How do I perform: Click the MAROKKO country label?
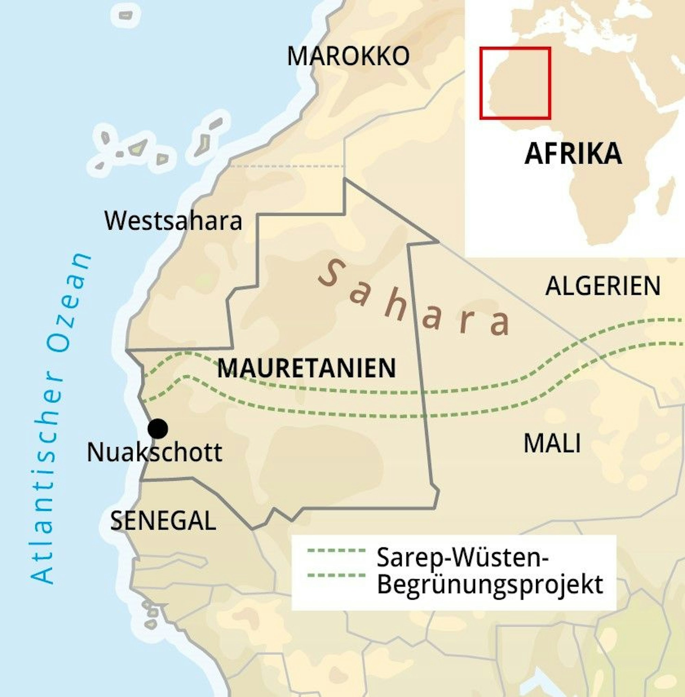[x=348, y=56]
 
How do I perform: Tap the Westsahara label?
[x=173, y=221]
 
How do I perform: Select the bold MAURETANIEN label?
[x=307, y=368]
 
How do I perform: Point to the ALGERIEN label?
[x=603, y=286]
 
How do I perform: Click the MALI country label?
[x=552, y=443]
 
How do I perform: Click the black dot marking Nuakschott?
[x=158, y=429]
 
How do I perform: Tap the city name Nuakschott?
[x=154, y=453]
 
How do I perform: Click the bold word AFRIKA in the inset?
[x=573, y=154]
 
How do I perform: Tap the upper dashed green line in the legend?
[x=337, y=550]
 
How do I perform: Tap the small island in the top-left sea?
[x=126, y=15]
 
